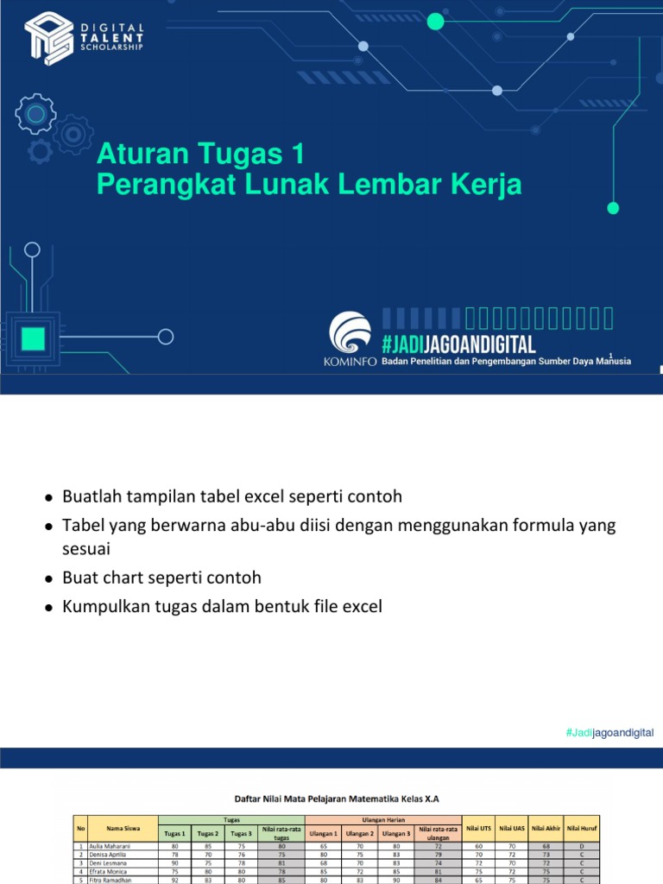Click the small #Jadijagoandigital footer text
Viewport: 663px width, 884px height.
[x=610, y=733]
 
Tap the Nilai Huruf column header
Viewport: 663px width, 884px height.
[x=582, y=827]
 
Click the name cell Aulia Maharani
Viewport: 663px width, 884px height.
[x=108, y=848]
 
